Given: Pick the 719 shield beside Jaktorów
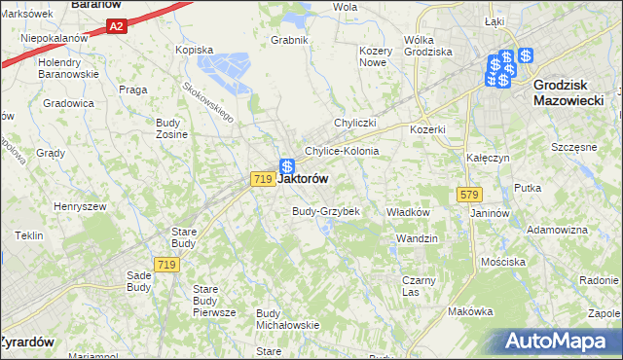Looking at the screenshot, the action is pos(261,179).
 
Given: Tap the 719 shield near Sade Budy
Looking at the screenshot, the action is pos(165,264).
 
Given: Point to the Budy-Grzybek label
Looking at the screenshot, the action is pos(327,211).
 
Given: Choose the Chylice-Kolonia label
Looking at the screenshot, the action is pos(342,152).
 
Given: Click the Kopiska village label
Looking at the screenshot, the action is pos(194,49).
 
